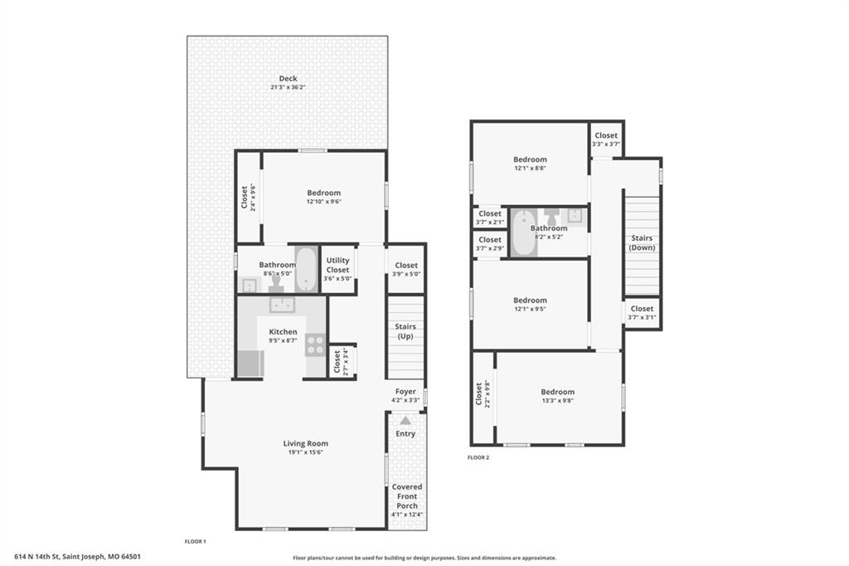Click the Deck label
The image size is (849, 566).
[288, 79]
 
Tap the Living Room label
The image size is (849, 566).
[305, 443]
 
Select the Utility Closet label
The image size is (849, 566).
[337, 265]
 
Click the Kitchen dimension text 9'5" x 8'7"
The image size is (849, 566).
[283, 340]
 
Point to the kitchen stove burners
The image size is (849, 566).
[315, 344]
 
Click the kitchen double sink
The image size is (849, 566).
[282, 305]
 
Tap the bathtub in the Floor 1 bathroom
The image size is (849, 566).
[306, 270]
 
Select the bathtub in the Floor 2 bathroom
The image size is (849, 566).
[524, 232]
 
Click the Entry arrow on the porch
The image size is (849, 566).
[405, 420]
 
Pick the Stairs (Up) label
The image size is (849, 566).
[405, 331]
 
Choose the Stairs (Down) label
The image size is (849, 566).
[642, 243]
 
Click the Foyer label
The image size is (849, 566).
[405, 392]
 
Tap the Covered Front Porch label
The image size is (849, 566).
[407, 496]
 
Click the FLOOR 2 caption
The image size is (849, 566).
[478, 457]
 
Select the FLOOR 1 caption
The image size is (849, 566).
[196, 541]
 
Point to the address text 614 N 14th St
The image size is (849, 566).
[37, 556]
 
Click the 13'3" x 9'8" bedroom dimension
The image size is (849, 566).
[557, 401]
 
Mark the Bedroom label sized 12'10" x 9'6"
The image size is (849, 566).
[324, 193]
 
